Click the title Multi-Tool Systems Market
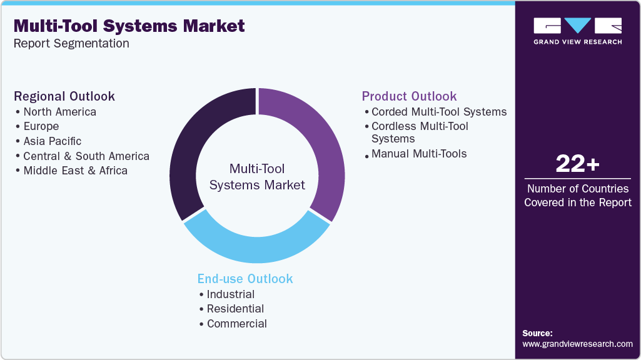(129, 26)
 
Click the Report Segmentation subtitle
(71, 44)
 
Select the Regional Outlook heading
(64, 96)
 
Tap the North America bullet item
(59, 112)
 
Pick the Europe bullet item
(41, 126)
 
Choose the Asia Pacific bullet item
(52, 141)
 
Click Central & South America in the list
(86, 156)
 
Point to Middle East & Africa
(75, 171)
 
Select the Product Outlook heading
(409, 96)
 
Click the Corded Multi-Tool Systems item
(438, 112)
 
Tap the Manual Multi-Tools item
(419, 154)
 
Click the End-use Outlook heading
(245, 279)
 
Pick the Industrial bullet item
(231, 294)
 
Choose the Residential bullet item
(235, 309)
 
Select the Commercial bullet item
(236, 324)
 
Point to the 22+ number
(577, 164)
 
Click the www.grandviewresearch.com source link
(577, 344)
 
